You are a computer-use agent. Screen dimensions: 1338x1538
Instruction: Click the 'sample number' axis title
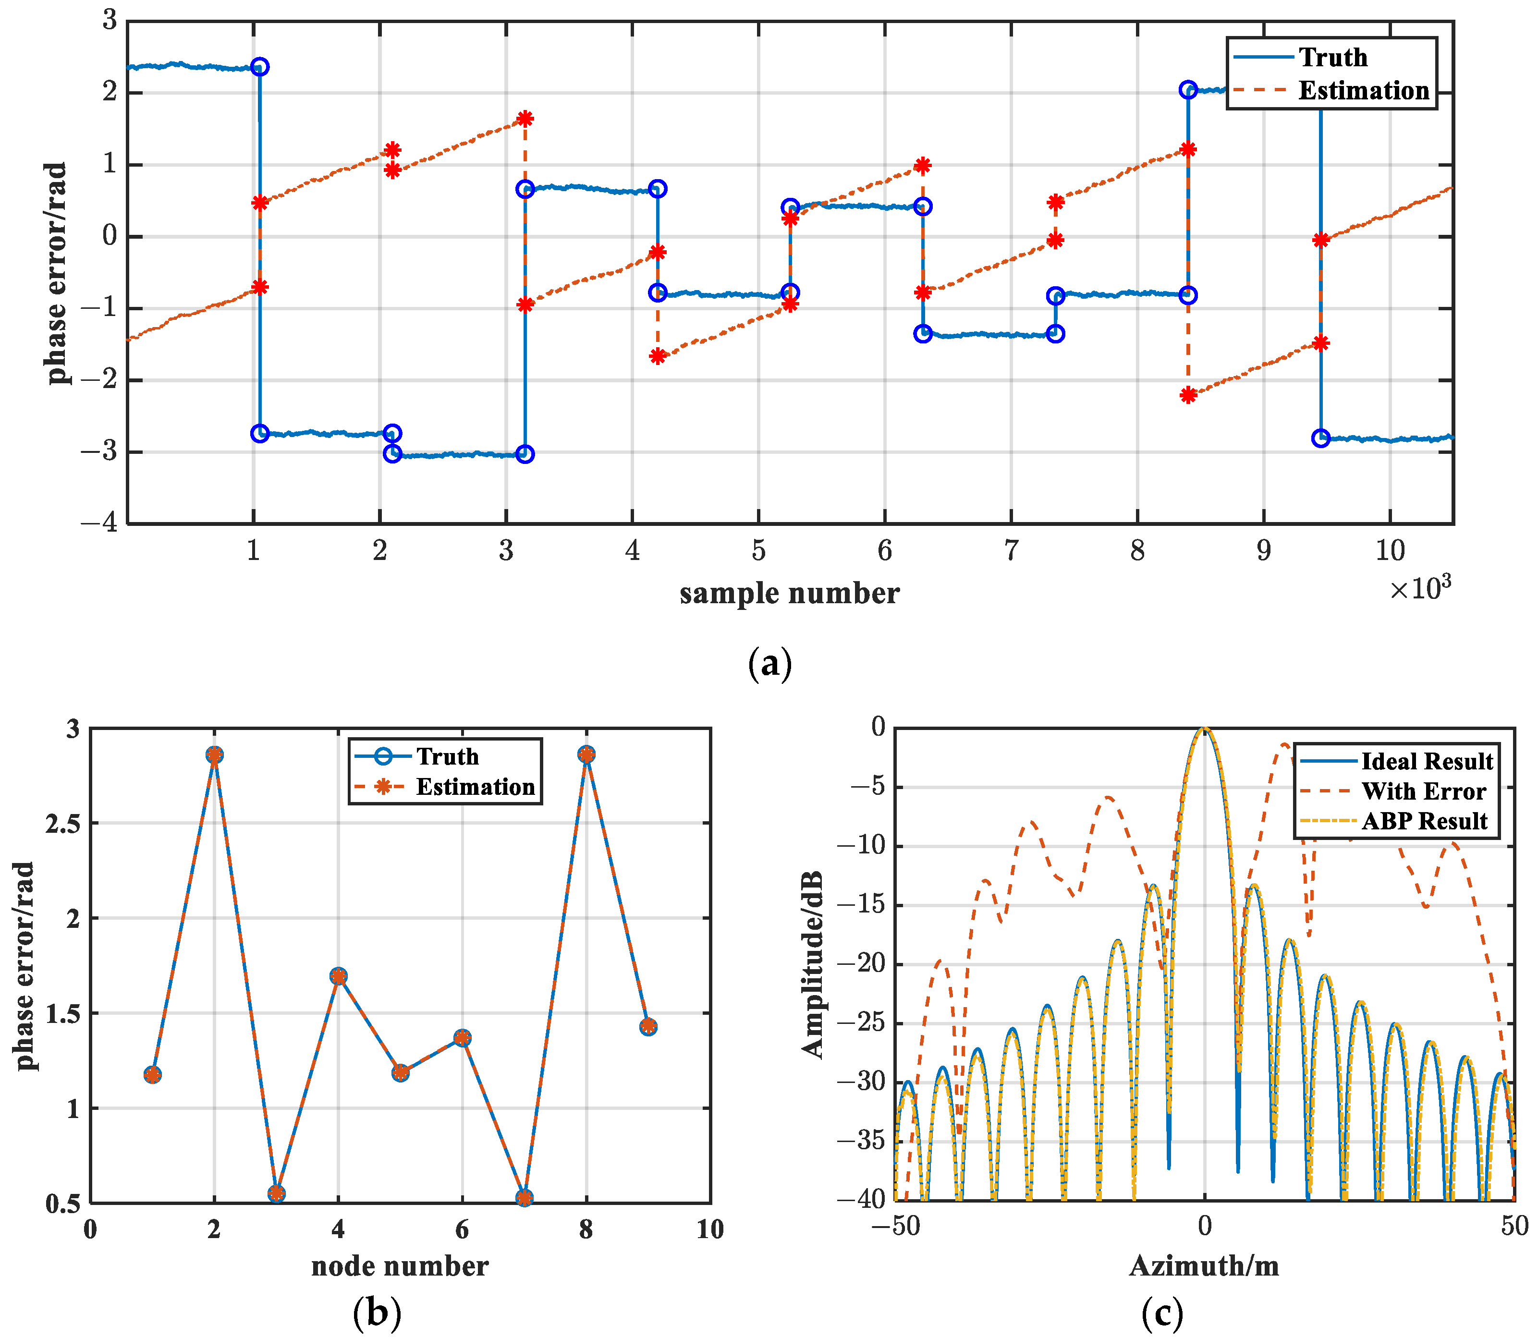tap(789, 594)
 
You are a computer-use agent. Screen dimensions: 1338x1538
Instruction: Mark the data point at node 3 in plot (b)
tap(276, 1193)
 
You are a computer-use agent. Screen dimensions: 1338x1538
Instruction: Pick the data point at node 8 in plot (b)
tap(586, 755)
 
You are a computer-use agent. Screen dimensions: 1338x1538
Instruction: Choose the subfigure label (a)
tap(769, 663)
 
